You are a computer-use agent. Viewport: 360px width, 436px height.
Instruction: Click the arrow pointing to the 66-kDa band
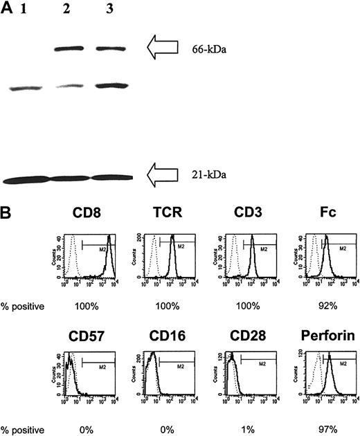[165, 48]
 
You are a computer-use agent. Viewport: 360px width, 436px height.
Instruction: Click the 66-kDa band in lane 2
[69, 48]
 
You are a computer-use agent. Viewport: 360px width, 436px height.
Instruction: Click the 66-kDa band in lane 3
[111, 48]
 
